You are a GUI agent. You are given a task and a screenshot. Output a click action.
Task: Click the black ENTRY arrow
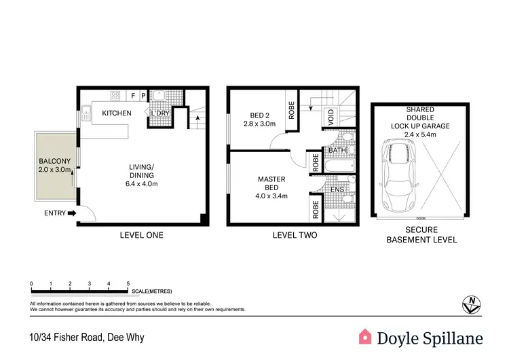click(72, 214)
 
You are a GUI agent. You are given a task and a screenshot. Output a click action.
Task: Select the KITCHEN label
click(117, 113)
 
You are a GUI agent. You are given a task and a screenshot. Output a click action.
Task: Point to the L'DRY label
click(160, 113)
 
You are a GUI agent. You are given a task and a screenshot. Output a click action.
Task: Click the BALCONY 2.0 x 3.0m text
click(55, 166)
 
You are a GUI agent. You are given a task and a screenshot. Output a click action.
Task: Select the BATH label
click(337, 150)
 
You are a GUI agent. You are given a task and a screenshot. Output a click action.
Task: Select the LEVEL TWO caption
click(294, 236)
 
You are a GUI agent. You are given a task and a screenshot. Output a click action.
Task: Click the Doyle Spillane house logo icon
click(366, 336)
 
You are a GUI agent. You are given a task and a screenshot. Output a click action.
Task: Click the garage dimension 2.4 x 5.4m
click(421, 134)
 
